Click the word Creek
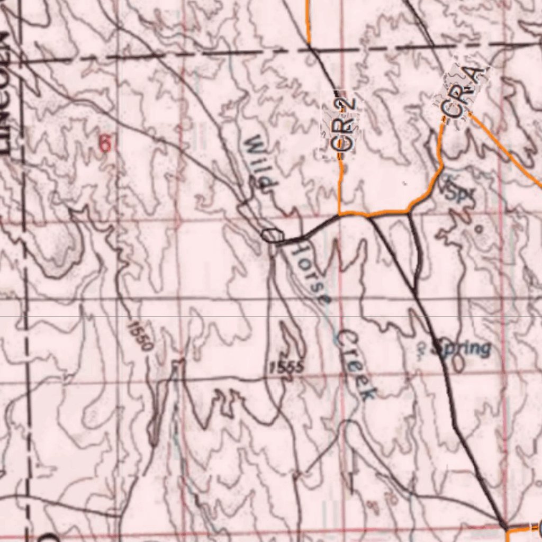click(x=357, y=365)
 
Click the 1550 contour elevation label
click(x=140, y=336)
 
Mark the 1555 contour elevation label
click(x=286, y=366)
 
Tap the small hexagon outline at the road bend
click(x=273, y=236)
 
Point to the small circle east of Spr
click(x=478, y=229)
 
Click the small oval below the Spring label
click(x=458, y=363)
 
